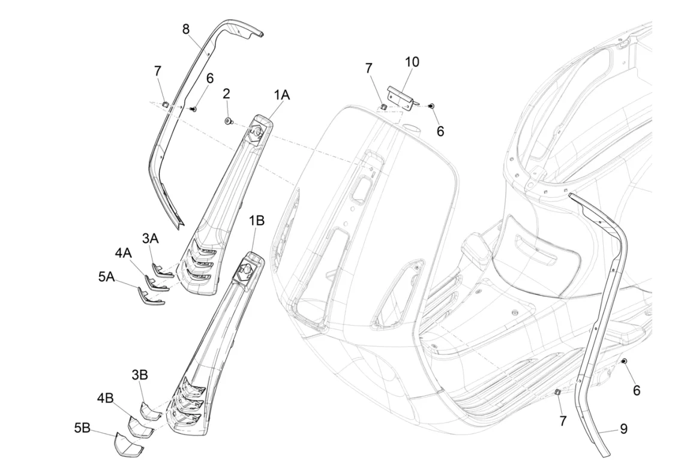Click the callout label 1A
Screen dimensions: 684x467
tap(282, 95)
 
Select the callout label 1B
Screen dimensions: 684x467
tap(257, 221)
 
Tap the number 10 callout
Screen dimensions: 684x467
tap(412, 62)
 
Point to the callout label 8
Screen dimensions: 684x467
tap(186, 29)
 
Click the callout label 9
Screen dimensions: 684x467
tap(624, 429)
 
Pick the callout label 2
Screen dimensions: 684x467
tap(226, 94)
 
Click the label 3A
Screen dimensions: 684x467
tap(150, 238)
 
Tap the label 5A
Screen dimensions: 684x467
tap(106, 276)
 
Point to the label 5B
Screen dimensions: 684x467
tap(82, 428)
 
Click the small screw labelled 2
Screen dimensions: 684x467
tap(228, 121)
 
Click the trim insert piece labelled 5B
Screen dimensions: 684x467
tap(128, 444)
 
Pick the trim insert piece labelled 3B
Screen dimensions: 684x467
tap(151, 410)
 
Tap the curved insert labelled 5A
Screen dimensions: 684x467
tap(151, 296)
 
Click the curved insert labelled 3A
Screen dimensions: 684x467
tap(163, 271)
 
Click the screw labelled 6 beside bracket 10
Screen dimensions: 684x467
tap(431, 106)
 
